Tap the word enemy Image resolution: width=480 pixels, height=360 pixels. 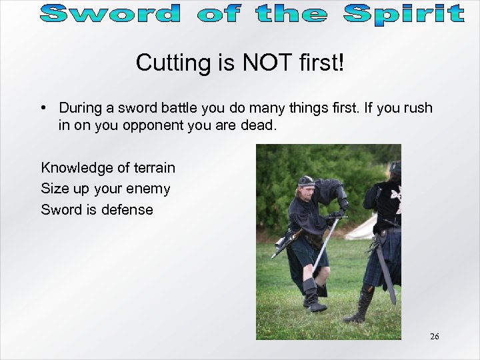click(x=150, y=189)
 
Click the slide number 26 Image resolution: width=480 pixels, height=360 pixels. click(x=435, y=337)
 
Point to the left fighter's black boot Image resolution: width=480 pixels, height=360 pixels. click(x=312, y=294)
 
